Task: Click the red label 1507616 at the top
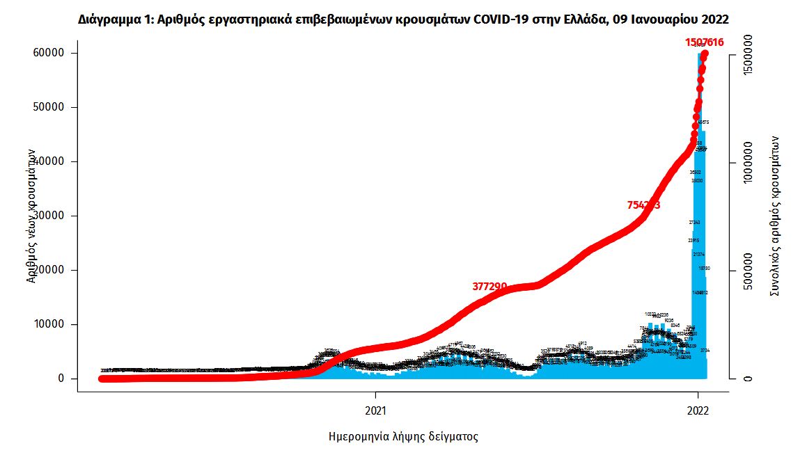[705, 42]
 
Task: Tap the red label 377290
[489, 286]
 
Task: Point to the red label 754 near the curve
[643, 205]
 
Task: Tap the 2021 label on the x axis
[375, 410]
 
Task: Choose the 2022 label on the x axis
[698, 410]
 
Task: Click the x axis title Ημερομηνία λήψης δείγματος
[403, 438]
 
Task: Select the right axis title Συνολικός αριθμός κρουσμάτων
[774, 216]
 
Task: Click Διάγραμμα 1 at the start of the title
[113, 19]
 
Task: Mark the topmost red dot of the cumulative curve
[705, 54]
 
